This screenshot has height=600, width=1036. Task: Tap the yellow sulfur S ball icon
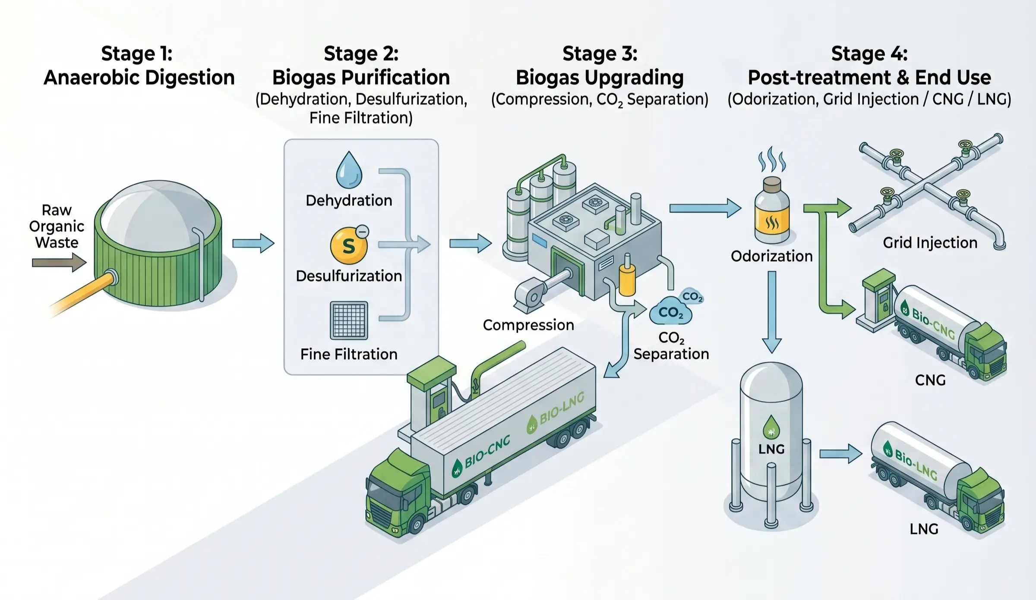(349, 246)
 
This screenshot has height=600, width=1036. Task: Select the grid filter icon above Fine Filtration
(349, 320)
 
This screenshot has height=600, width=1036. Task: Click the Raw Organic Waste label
(57, 226)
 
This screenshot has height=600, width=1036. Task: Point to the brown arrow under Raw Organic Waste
(59, 263)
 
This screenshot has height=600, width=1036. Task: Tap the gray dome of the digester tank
(158, 207)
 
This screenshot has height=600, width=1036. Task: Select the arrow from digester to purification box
(253, 243)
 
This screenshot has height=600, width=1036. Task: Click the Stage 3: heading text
(600, 54)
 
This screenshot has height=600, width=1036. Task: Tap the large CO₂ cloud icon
(670, 311)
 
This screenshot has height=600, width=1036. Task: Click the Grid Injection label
(930, 243)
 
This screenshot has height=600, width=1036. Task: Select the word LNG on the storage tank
(771, 449)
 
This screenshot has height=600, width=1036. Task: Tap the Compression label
(528, 325)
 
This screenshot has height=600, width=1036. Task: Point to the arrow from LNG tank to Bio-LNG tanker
(840, 454)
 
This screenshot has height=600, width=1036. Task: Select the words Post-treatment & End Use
(869, 78)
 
